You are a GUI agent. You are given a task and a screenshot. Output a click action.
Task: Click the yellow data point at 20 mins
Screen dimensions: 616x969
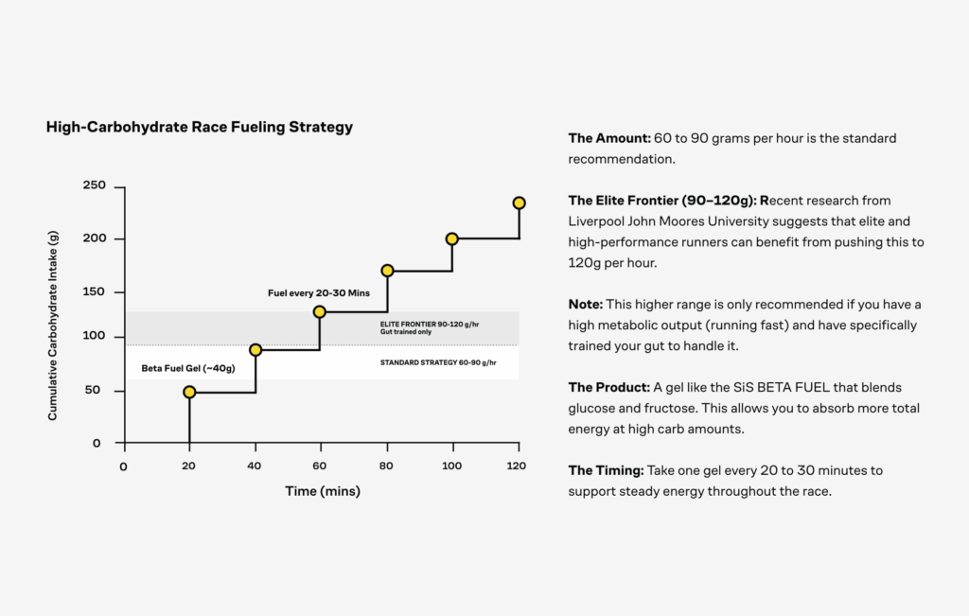(x=189, y=392)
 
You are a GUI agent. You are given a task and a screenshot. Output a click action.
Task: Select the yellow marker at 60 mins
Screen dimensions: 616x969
(x=320, y=311)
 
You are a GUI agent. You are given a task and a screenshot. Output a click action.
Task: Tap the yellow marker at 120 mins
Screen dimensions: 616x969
(x=519, y=202)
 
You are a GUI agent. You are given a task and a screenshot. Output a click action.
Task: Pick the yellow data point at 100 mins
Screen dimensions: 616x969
(x=452, y=238)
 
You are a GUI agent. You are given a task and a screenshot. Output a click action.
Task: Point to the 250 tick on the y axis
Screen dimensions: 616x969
(x=94, y=185)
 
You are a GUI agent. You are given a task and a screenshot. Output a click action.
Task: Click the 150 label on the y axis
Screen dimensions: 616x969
(x=94, y=292)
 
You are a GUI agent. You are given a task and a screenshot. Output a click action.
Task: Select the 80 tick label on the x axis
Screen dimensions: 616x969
(x=386, y=466)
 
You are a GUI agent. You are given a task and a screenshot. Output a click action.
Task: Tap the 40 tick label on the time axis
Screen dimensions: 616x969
(x=255, y=466)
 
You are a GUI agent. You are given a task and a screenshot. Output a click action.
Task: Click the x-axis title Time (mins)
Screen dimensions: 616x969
(x=323, y=491)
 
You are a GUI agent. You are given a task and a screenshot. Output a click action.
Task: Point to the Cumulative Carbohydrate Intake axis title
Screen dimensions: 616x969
(x=53, y=330)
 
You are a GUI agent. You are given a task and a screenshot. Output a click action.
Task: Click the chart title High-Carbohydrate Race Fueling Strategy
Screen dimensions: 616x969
(x=200, y=127)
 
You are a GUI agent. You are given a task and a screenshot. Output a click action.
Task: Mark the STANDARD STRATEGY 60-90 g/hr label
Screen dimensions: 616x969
(x=438, y=362)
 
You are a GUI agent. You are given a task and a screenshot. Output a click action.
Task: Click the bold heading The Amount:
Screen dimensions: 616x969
(x=609, y=138)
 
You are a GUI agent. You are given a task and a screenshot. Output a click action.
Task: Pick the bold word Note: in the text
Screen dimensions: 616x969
(x=586, y=304)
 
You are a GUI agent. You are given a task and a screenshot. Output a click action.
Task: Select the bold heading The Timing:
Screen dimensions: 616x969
(x=607, y=470)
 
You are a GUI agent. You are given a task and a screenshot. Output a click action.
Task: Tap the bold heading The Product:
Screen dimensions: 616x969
(x=608, y=387)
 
